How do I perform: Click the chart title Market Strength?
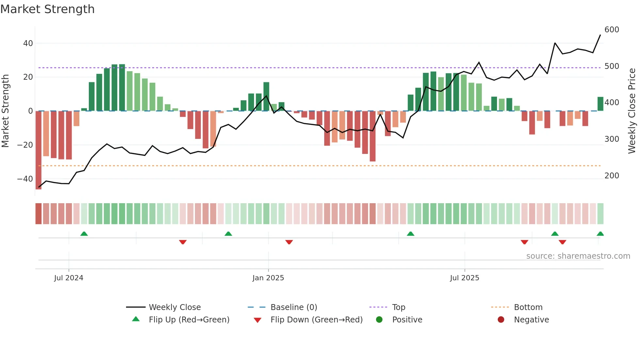pos(47,9)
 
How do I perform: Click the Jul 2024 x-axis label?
pos(69,278)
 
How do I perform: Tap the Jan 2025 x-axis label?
pos(268,278)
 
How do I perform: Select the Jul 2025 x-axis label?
pos(464,278)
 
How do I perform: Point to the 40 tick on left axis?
pos(28,43)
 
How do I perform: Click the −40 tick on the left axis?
pos(25,179)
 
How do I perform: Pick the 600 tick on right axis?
pos(612,30)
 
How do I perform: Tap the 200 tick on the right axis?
pos(612,176)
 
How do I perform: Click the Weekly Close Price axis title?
pos(632,111)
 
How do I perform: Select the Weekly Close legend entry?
pos(174,307)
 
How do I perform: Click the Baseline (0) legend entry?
pos(294,307)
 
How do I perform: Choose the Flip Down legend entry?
pos(316,320)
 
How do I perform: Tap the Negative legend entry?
pos(531,320)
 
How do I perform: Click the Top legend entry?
pos(398,307)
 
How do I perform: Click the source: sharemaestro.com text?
pos(578,256)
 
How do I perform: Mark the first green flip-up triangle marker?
pos(84,234)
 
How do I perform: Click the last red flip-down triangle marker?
pos(562,242)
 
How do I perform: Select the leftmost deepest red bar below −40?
pos(39,150)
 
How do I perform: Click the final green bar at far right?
pos(600,104)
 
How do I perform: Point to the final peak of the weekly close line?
pos(600,35)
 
